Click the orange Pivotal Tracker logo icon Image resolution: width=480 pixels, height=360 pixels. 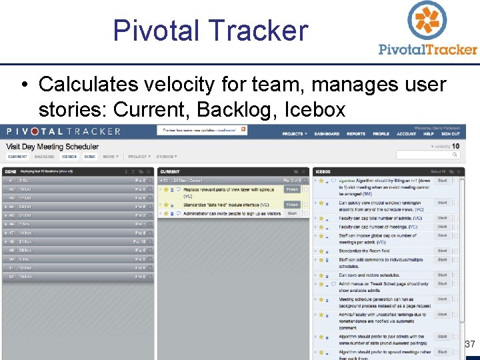[427, 21]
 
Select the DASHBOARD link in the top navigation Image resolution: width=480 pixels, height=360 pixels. [327, 134]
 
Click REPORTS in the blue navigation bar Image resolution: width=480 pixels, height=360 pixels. [356, 134]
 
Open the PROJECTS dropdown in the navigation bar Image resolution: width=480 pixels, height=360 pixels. [293, 134]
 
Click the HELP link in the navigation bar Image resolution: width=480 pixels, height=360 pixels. [429, 134]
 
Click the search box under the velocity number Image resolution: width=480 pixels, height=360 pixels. [427, 155]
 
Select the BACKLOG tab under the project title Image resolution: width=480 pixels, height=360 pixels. [44, 157]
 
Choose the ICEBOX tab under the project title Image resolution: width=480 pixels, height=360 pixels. [69, 157]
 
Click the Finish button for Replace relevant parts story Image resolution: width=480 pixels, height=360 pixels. [292, 189]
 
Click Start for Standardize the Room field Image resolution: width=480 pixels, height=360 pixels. [442, 251]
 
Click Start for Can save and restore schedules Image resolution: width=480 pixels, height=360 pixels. [442, 275]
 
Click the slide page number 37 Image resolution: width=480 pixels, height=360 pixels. [469, 344]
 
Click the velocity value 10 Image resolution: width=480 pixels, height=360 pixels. [455, 146]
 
